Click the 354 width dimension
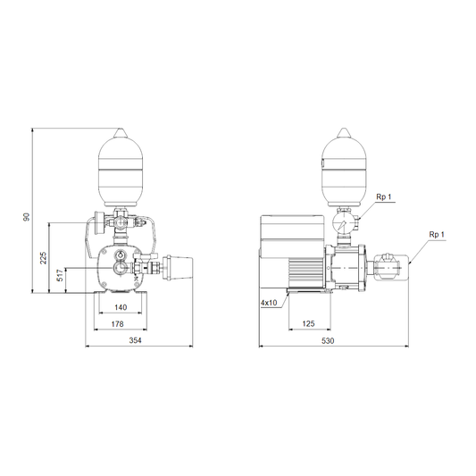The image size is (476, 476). click(x=136, y=340)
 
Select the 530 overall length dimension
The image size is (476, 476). click(x=328, y=340)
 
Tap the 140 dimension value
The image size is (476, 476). click(x=121, y=307)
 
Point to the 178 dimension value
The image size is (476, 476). click(x=118, y=324)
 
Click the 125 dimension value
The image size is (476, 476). click(x=308, y=323)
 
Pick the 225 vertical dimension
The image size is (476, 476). click(x=44, y=258)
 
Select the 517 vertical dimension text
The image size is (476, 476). click(x=60, y=275)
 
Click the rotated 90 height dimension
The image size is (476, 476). click(x=27, y=217)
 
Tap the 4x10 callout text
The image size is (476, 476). click(x=269, y=303)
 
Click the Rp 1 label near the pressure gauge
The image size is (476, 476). click(x=384, y=197)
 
